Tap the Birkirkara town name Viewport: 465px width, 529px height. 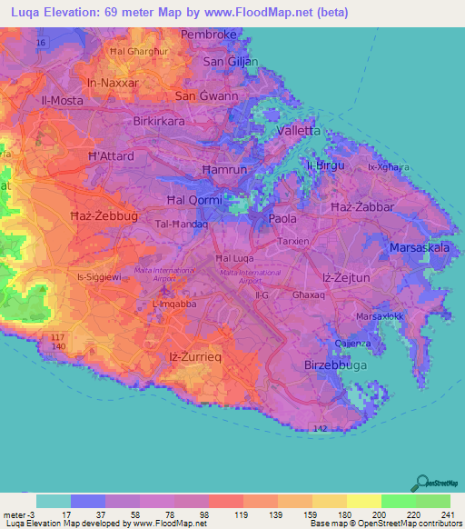coord(165,121)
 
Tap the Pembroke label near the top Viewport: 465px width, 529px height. coord(209,35)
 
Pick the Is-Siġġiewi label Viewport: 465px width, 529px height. coord(100,276)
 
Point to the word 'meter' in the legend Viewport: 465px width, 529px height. coord(15,515)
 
